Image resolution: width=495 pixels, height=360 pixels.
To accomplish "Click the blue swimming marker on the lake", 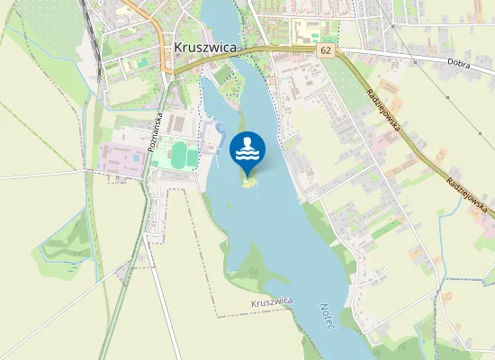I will tap(247, 151).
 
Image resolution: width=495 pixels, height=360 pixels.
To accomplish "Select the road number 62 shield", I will tap(324, 52).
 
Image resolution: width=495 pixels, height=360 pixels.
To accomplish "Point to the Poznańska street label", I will tap(153, 130).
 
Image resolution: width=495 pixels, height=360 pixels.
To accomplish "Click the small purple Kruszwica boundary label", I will tap(273, 303).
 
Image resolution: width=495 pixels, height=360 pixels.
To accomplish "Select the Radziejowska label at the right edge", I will tap(467, 193).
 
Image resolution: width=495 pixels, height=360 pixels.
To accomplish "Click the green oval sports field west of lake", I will tap(184, 155).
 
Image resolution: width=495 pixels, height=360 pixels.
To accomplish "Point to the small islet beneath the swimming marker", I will tap(248, 182).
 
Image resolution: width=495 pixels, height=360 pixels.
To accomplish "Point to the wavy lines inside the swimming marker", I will tap(247, 156).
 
